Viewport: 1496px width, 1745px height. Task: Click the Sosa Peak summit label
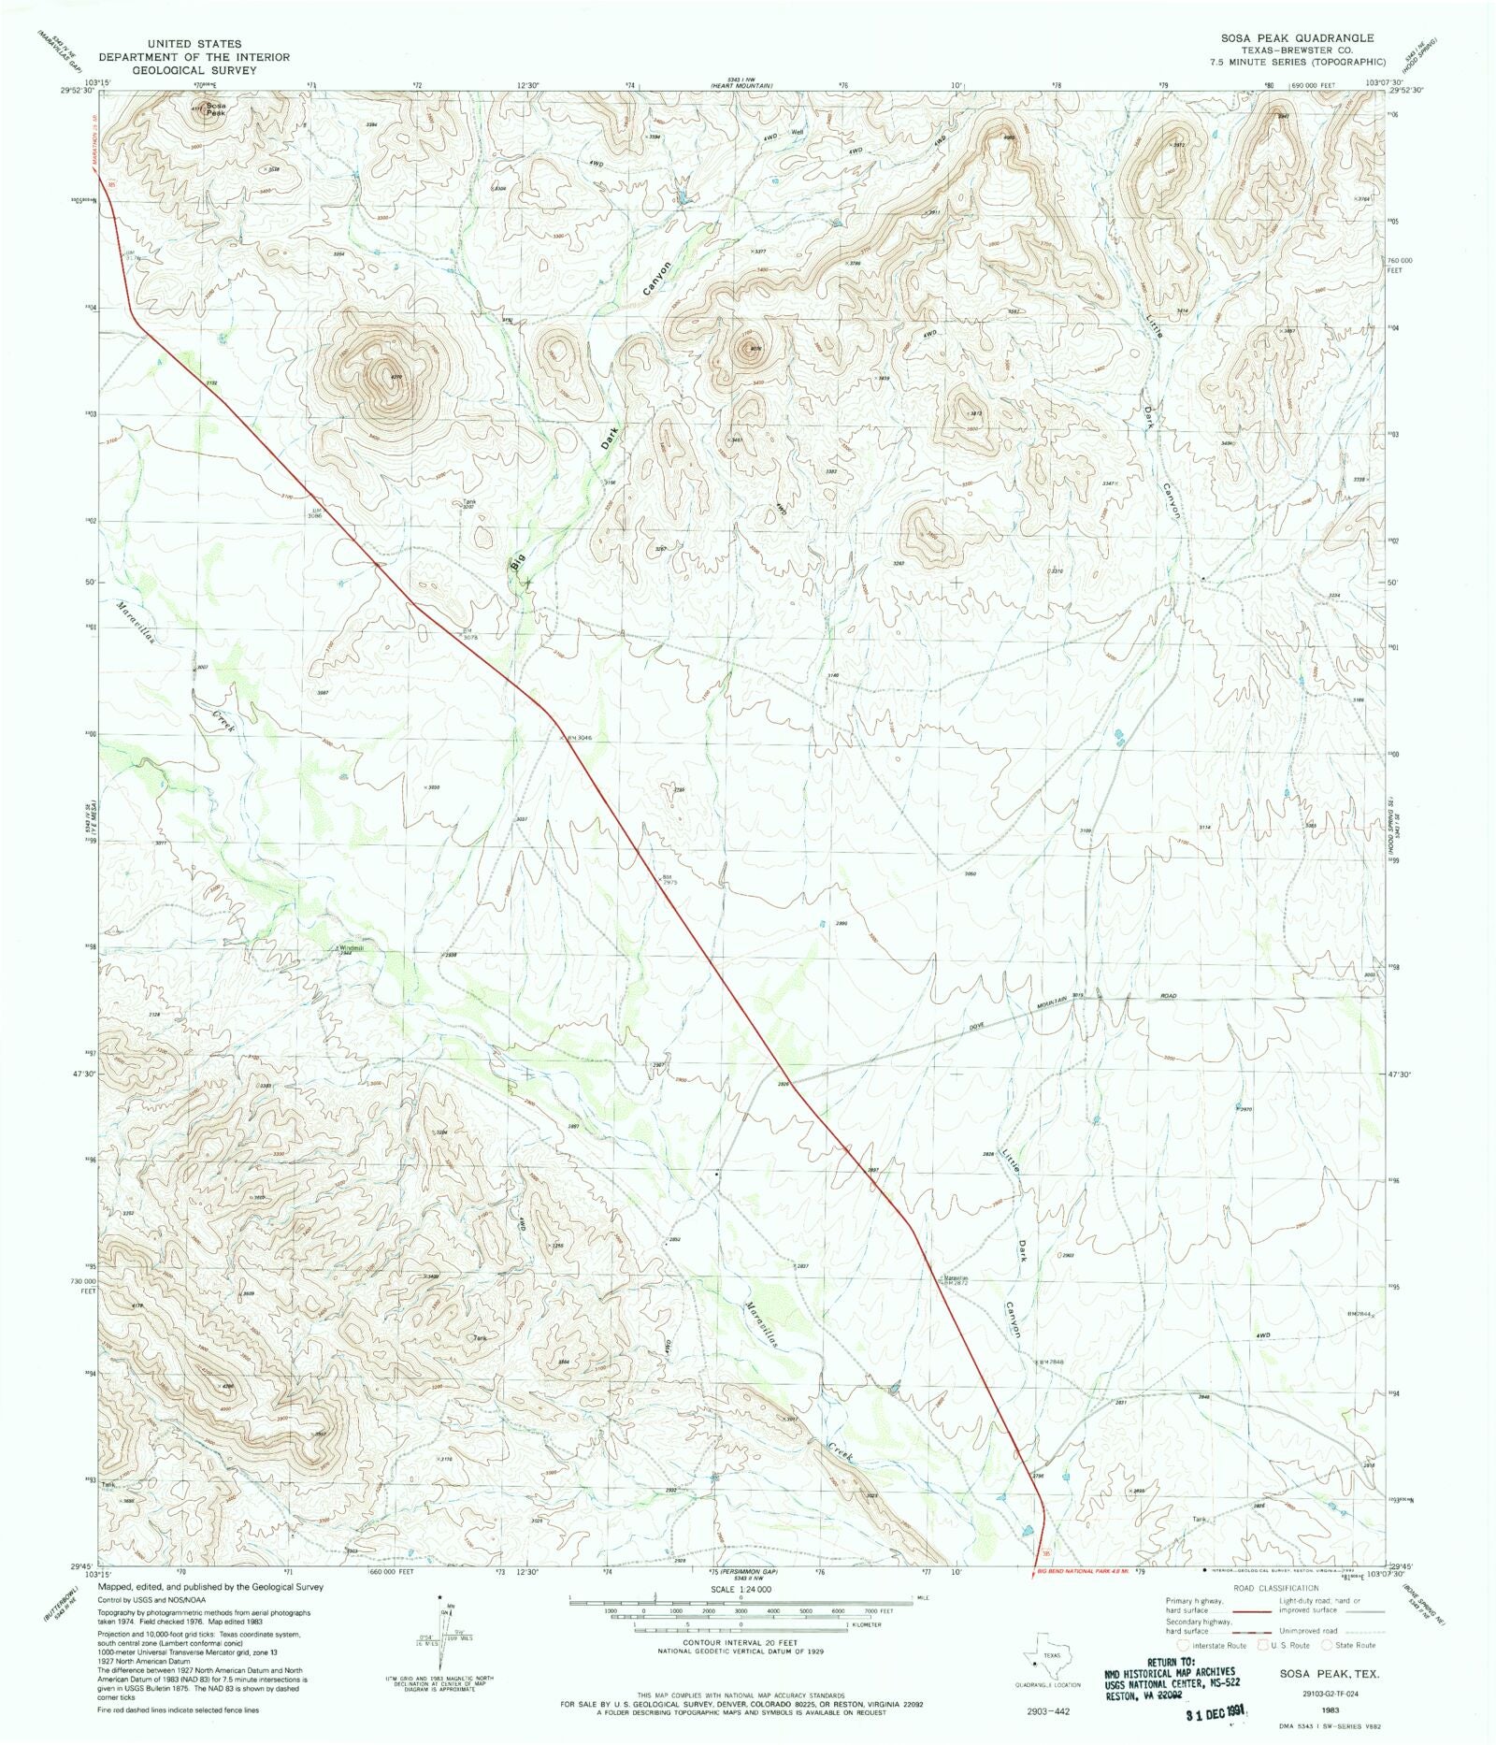(x=216, y=108)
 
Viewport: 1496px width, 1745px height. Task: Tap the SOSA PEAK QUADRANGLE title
(x=1296, y=38)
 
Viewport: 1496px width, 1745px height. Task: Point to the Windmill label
(x=350, y=948)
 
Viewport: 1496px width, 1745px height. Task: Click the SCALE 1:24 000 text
(x=739, y=1589)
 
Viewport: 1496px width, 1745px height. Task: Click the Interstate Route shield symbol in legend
(x=1185, y=1644)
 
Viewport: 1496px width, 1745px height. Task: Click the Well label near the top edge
(x=797, y=132)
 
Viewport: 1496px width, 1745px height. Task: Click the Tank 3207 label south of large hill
(x=470, y=504)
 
